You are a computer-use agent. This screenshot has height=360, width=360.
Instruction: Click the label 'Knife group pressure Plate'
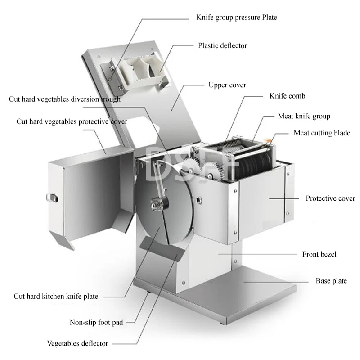point(236,18)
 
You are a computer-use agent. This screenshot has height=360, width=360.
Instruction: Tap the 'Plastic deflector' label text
point(222,45)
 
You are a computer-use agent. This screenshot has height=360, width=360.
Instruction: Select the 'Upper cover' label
point(227,85)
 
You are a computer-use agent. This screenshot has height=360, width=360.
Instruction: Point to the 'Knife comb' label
point(287,96)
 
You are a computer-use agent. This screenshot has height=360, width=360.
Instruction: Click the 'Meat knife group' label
point(304,116)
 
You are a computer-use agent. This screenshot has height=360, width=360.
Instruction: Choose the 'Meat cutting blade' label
point(322,133)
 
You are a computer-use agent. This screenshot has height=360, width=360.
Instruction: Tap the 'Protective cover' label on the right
point(330,198)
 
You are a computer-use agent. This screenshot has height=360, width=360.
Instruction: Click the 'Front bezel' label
point(319,254)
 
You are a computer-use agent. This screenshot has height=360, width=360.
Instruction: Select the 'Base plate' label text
point(331,281)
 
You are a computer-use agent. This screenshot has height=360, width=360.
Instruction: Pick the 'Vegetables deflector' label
point(77,343)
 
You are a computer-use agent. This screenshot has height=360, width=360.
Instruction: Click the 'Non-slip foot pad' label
point(96,322)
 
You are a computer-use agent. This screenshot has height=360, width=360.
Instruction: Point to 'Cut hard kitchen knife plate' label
point(56,296)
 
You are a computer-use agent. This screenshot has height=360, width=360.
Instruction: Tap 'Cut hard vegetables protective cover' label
point(72,121)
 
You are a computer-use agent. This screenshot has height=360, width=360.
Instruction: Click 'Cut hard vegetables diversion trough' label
point(64,99)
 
